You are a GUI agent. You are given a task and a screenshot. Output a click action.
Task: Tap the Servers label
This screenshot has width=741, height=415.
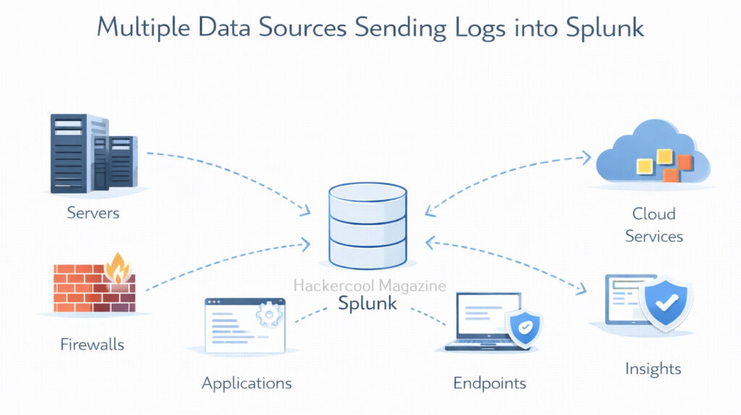[x=93, y=213]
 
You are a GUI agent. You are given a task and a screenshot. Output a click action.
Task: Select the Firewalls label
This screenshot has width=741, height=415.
[x=92, y=344]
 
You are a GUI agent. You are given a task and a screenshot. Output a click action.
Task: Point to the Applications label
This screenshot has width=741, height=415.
[x=247, y=383]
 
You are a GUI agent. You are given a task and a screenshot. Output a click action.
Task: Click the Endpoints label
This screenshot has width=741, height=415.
[x=490, y=383]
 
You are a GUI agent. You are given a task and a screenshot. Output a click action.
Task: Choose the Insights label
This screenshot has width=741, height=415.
[x=653, y=369]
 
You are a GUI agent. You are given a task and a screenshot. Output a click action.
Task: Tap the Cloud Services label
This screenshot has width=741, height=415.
[x=654, y=225]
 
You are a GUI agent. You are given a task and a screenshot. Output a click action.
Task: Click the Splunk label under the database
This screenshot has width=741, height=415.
[x=368, y=303]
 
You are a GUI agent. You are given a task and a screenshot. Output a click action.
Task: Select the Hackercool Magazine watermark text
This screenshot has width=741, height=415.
[x=370, y=286]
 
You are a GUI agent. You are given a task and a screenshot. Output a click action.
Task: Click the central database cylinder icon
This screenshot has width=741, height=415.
[x=368, y=225]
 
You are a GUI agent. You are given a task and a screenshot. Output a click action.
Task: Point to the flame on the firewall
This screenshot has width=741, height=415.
[x=117, y=268]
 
